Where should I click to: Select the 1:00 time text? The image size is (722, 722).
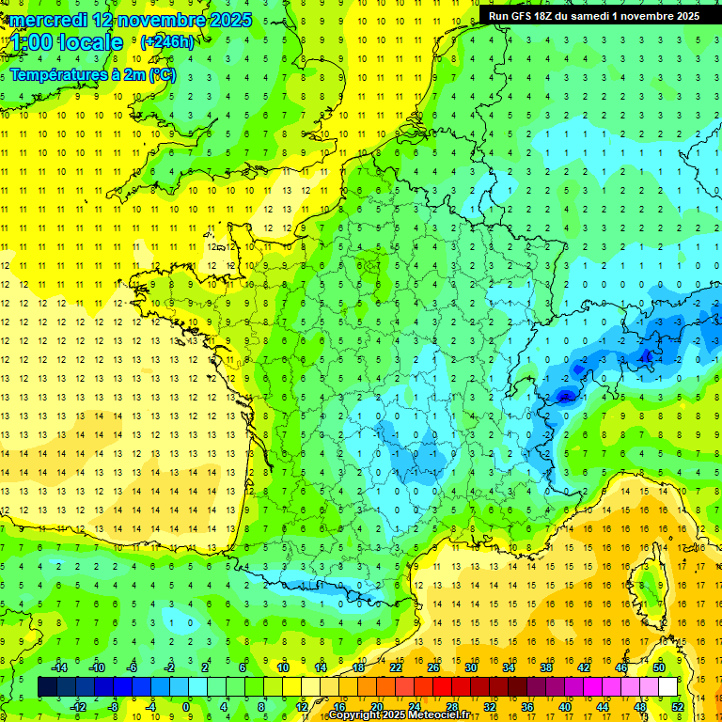[31, 42]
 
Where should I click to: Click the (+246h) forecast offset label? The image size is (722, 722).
[166, 42]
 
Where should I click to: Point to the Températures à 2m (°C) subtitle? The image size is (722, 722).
[93, 74]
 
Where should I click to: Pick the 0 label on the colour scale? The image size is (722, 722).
[185, 706]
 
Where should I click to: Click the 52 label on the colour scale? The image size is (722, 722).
[677, 706]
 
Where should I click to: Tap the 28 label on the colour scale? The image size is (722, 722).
[451, 706]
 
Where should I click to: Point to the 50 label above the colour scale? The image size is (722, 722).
[659, 667]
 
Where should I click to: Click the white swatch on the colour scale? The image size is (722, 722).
[667, 686]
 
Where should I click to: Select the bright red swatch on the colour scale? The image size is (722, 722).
[442, 686]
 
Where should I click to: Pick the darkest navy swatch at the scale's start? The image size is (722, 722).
[47, 686]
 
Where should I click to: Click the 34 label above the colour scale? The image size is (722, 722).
[509, 667]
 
